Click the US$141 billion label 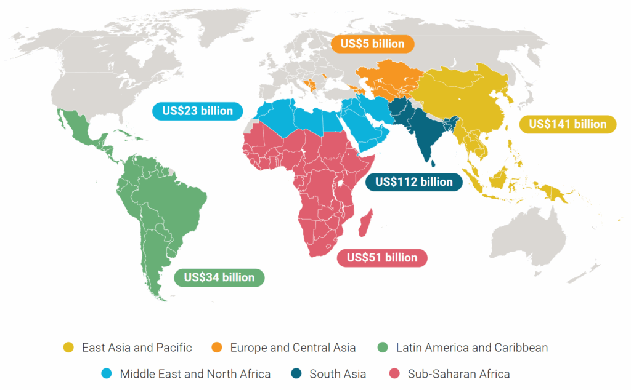point(568,124)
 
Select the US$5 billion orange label point(372,44)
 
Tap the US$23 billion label point(197,111)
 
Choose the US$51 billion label point(382,258)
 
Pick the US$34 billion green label point(219,277)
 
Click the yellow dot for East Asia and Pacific point(68,348)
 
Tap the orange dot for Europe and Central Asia point(217,348)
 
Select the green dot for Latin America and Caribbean point(383,348)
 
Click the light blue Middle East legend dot point(107,374)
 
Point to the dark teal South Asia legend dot point(296,374)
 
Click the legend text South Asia point(338,374)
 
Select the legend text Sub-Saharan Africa point(458,374)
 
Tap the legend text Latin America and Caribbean point(472,348)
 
